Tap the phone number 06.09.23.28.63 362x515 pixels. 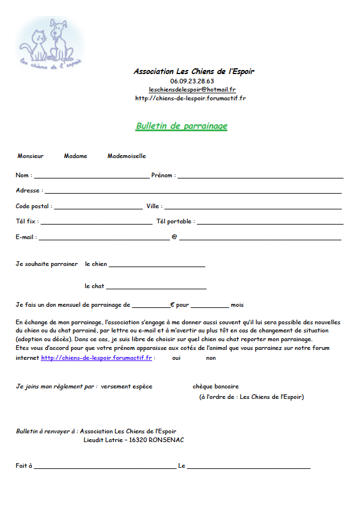192,81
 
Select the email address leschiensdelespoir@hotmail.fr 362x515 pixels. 192,90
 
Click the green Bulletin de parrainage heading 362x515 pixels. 181,126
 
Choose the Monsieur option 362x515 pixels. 30,156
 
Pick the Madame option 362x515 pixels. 76,156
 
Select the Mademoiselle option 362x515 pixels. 126,156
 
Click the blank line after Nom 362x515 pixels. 92,176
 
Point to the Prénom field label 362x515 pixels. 163,175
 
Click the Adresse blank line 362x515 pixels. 192,191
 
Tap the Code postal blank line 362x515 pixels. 98,207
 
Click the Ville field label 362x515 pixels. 154,206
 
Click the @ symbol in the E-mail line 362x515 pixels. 174,237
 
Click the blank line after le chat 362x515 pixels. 156,288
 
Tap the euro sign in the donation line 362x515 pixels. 173,305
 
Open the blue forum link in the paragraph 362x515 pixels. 97,358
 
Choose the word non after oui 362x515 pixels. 210,358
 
